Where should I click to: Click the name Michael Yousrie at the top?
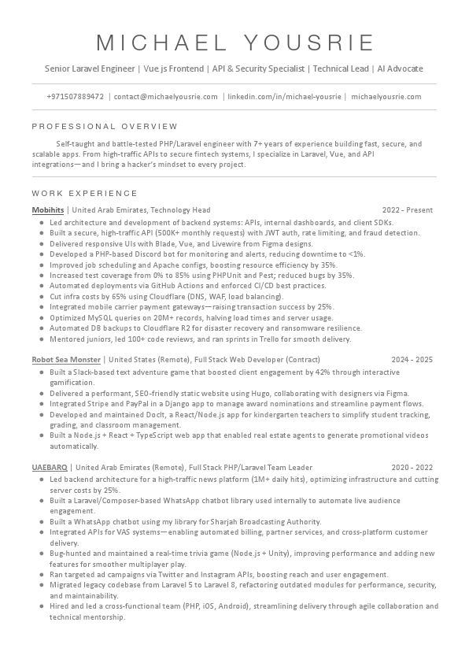click(234, 43)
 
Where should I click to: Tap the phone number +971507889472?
click(76, 97)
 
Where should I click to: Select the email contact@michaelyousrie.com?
click(166, 97)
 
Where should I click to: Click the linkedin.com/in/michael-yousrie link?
click(284, 97)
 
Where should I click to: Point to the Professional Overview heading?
click(105, 126)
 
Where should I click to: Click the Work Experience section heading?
click(84, 193)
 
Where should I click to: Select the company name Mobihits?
click(48, 210)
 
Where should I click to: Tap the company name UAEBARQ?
click(49, 467)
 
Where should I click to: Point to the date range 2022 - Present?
click(408, 210)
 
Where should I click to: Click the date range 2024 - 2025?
click(412, 359)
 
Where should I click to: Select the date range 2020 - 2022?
click(412, 467)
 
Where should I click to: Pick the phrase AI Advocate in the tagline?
click(399, 69)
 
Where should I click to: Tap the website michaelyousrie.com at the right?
click(386, 97)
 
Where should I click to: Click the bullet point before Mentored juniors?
click(41, 339)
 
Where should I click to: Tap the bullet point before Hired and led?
click(41, 607)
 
